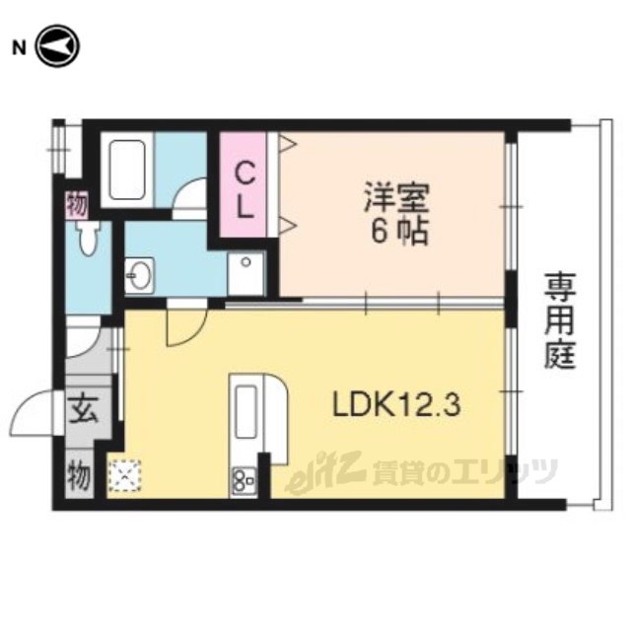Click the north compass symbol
tap(58, 46)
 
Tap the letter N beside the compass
tap(18, 48)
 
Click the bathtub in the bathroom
tap(127, 170)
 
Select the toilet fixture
tap(89, 237)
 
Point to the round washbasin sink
tap(138, 274)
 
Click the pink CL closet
tap(244, 184)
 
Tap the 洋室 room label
tap(396, 197)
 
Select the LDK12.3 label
tap(395, 405)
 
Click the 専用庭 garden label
tap(560, 320)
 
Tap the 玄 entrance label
tap(84, 411)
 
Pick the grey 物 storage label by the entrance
tap(79, 476)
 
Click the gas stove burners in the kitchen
tap(244, 482)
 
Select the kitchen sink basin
tap(245, 412)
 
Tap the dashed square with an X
tap(125, 476)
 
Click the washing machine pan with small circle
tap(245, 274)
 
